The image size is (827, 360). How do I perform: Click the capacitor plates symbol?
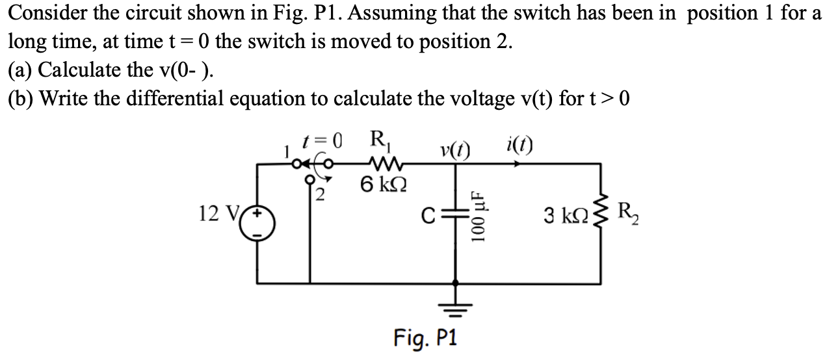point(454,216)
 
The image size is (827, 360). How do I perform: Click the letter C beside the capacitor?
point(425,216)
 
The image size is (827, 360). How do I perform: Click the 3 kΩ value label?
point(564,214)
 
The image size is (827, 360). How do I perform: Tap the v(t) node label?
point(456,148)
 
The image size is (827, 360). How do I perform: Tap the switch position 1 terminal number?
point(283,153)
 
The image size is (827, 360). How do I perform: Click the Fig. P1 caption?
point(426,338)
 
